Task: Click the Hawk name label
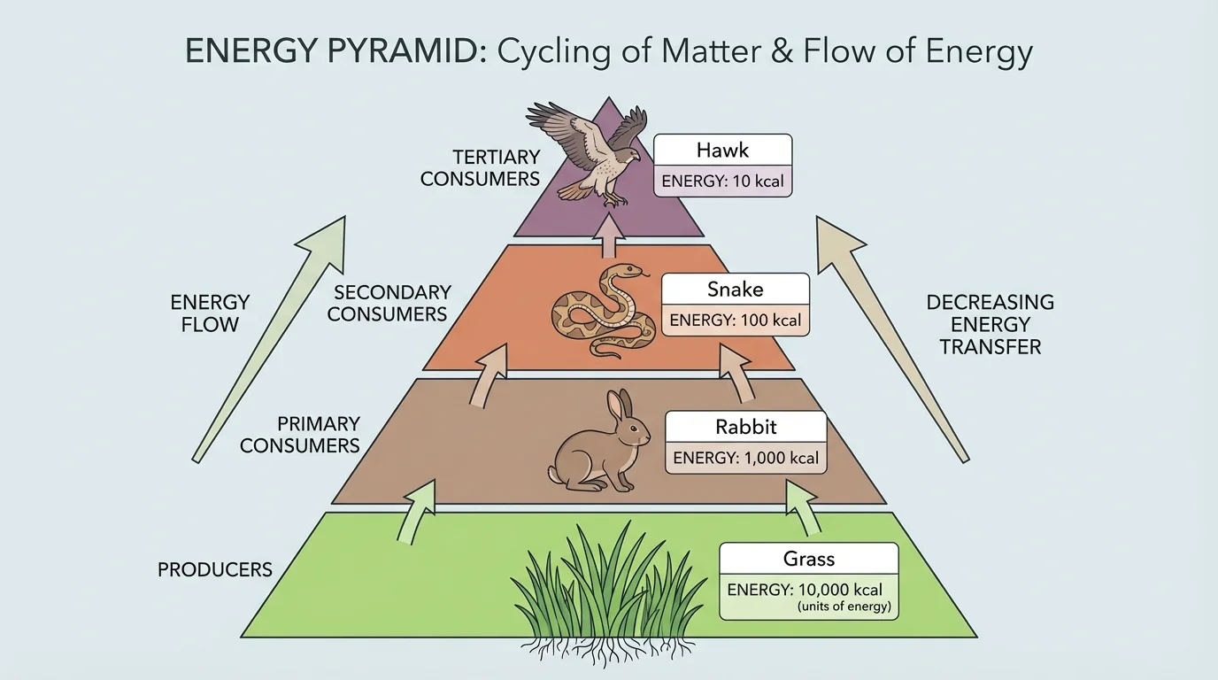tap(722, 149)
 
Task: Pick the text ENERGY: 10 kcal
tap(722, 182)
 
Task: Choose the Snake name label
tap(735, 289)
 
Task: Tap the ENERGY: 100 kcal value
tap(735, 320)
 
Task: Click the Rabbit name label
tap(745, 427)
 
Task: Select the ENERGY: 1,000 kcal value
tap(745, 459)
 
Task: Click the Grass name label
tap(808, 559)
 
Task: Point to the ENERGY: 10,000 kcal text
tap(805, 590)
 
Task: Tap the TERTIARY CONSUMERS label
tap(480, 167)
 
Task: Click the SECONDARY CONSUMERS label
tap(387, 303)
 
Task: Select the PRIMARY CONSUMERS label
tap(300, 435)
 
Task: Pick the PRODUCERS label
tap(215, 569)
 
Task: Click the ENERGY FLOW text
tap(210, 313)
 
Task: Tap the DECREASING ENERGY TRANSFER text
tap(990, 324)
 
